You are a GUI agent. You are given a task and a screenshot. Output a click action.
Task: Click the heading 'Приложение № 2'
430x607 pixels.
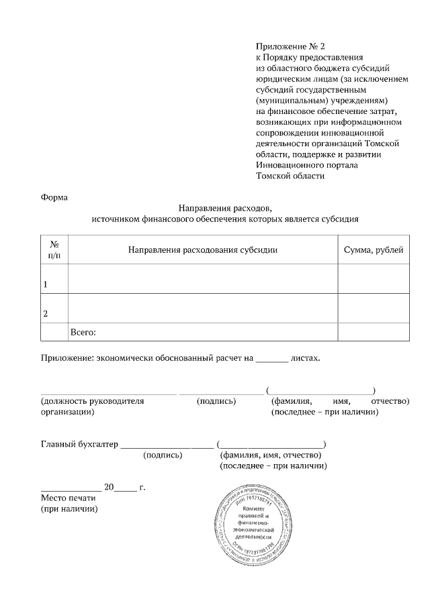pos(290,46)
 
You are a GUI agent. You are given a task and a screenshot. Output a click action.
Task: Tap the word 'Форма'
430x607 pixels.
pos(54,197)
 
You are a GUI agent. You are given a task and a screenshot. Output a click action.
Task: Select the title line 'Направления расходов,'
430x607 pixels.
pos(225,208)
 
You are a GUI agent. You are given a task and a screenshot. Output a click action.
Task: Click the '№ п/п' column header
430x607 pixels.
pos(54,250)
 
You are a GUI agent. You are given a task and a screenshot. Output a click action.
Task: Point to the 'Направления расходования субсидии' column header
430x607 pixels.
pos(202,250)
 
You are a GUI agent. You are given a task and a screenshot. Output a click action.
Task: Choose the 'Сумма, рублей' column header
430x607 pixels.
pos(373,250)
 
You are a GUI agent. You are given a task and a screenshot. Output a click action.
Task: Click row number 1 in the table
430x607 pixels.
pos(46,284)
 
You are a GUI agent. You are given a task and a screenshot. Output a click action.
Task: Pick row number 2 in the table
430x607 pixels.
pos(46,313)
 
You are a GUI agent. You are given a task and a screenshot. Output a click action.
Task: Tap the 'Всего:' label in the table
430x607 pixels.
pos(84,332)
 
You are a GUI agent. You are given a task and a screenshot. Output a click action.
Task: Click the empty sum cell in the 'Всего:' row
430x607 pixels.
pos(373,332)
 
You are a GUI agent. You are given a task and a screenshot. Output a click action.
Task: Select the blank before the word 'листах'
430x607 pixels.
pos(272,358)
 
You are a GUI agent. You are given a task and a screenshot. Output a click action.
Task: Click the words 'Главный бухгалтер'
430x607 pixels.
pos(79,444)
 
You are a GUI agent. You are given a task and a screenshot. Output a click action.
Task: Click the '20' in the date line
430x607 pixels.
pos(110,487)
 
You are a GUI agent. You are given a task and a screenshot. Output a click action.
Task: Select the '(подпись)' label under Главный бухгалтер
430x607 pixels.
pos(163,455)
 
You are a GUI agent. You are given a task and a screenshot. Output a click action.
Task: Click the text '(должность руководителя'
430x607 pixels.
pos(93,401)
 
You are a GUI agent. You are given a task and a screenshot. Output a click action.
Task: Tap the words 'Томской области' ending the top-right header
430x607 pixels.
pos(290,176)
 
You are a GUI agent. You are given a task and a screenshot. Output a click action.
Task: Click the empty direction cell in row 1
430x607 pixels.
pos(202,278)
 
